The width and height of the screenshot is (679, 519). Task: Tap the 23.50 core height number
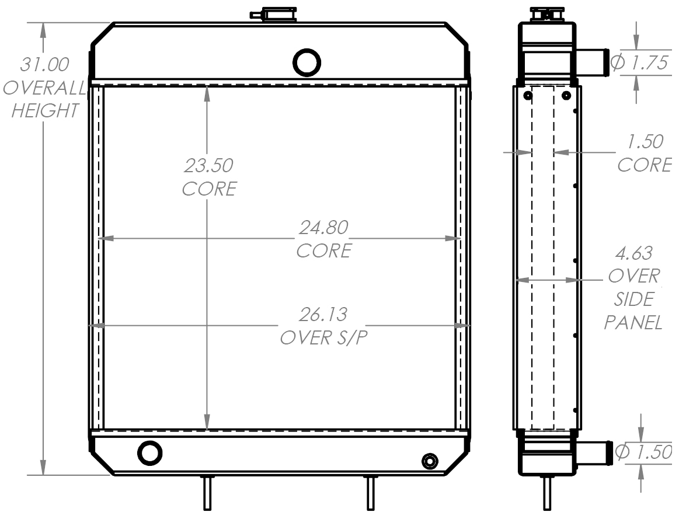point(208,165)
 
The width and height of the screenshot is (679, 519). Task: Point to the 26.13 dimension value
point(323,315)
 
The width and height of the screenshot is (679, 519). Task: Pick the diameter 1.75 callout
point(639,63)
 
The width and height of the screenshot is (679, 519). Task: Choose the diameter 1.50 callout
point(644,452)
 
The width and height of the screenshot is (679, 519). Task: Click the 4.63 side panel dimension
point(634,253)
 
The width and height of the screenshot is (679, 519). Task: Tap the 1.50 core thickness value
point(644,142)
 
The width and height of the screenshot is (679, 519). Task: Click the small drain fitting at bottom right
point(430,461)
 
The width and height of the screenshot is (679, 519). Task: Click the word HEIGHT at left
point(44,110)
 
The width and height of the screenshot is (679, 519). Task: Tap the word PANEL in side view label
point(633,322)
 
